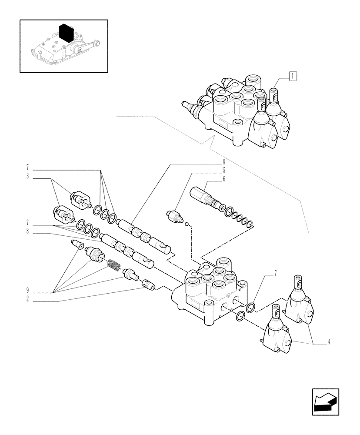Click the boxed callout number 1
294,77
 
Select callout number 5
223,171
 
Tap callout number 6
223,178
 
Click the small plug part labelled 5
174,216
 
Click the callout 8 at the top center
223,163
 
